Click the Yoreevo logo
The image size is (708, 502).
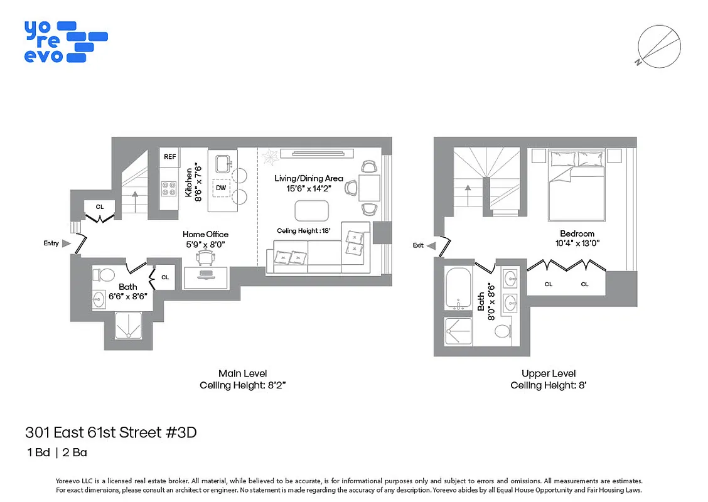click(x=65, y=41)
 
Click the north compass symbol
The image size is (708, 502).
click(x=659, y=46)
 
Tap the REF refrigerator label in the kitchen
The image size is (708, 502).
click(x=169, y=157)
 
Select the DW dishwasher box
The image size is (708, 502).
click(x=221, y=188)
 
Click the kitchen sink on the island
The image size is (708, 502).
click(x=222, y=164)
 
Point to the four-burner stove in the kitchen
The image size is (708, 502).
click(x=169, y=188)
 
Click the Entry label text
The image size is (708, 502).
click(x=51, y=243)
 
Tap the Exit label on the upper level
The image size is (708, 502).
click(x=419, y=245)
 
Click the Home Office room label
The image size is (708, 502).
click(x=205, y=235)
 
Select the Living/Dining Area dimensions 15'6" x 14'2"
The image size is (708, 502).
click(x=308, y=188)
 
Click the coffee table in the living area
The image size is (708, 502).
click(x=311, y=210)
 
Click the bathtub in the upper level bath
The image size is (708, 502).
click(x=460, y=289)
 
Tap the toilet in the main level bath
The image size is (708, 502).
click(x=104, y=275)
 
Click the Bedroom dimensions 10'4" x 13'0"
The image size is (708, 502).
click(x=577, y=243)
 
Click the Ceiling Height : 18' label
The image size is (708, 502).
click(x=304, y=231)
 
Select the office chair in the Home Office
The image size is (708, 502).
click(x=205, y=257)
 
